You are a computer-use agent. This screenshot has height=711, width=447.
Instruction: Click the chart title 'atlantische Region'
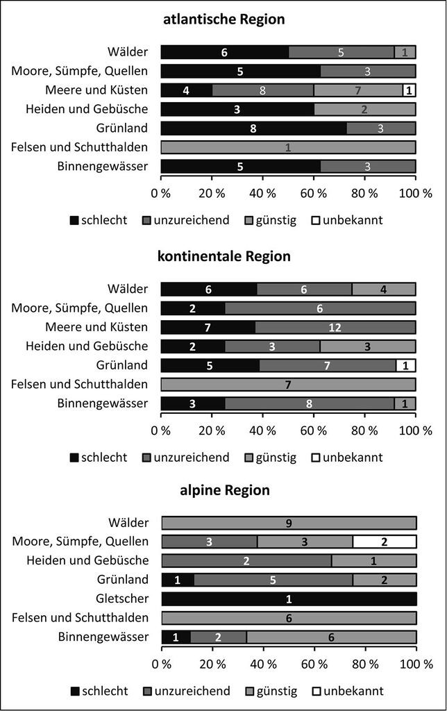224,19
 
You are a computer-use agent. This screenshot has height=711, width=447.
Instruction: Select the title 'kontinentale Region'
224,256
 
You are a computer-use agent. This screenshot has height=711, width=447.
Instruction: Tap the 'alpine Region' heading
225,490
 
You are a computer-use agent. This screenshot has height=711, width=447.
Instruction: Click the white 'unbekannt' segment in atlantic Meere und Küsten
409,90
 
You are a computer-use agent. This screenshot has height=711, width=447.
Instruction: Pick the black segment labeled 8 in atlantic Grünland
254,128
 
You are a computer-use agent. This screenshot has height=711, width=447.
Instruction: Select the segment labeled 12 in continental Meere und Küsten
335,328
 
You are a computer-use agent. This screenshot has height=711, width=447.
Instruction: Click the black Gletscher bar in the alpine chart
289,599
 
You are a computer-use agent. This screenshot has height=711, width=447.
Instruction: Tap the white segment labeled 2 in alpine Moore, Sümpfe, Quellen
385,542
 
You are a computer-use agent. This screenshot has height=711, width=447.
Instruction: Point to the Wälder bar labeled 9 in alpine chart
289,523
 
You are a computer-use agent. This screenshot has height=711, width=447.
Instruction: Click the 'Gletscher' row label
122,599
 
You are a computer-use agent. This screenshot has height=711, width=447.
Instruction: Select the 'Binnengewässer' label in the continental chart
103,403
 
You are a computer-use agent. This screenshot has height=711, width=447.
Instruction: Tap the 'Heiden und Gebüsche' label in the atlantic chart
87,109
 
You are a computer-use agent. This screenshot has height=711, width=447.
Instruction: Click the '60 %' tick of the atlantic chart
313,194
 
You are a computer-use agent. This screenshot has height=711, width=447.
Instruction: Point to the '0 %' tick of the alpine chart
162,664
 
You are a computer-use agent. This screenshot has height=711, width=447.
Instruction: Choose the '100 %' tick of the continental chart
415,430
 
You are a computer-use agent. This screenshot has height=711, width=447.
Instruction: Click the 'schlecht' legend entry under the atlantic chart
99,220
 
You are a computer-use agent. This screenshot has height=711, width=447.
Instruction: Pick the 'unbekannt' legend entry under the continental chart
347,458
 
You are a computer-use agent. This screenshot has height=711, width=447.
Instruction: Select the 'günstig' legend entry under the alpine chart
271,692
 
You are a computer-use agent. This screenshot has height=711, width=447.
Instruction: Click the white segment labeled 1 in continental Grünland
406,365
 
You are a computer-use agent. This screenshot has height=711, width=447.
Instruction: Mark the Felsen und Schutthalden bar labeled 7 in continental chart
288,385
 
